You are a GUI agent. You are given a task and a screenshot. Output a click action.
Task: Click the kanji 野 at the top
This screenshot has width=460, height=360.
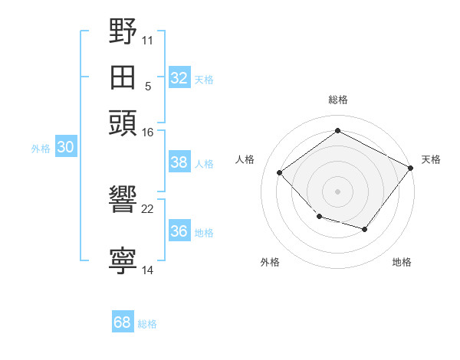click(123, 31)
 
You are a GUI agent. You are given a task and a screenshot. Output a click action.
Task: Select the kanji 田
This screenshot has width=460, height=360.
click(123, 77)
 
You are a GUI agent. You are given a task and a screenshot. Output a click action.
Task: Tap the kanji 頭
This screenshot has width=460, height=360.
click(123, 123)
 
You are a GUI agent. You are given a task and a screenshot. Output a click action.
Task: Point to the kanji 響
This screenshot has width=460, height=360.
click(123, 198)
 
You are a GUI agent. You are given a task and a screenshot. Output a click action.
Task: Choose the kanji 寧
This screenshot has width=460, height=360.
click(123, 260)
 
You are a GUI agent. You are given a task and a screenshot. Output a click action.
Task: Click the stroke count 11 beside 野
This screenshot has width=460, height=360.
click(147, 41)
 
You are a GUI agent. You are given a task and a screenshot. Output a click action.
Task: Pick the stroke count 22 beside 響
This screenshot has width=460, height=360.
click(147, 209)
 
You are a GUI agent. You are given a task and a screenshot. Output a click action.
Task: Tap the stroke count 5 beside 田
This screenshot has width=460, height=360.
click(148, 87)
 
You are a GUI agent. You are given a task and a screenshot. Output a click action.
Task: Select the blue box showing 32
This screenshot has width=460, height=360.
click(179, 77)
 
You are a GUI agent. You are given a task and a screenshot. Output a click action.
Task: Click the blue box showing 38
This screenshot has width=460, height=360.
click(179, 162)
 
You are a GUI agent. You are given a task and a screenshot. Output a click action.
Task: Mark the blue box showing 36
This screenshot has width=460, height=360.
click(179, 230)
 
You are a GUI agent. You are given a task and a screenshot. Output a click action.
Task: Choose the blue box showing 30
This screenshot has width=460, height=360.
click(66, 146)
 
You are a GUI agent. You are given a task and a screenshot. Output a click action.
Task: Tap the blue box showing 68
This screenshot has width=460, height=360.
click(123, 321)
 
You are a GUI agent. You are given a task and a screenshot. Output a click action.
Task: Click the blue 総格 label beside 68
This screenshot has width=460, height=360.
click(147, 324)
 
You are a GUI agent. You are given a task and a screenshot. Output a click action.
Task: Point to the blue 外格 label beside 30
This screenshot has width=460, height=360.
click(41, 149)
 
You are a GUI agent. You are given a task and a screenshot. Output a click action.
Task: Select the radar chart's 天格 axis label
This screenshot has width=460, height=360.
click(431, 159)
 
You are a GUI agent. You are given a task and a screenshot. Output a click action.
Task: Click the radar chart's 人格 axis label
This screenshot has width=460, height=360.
click(245, 159)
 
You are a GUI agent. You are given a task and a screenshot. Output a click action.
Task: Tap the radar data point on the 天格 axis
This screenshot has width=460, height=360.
click(410, 168)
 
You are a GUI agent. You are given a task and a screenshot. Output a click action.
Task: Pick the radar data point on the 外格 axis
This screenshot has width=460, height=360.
click(320, 217)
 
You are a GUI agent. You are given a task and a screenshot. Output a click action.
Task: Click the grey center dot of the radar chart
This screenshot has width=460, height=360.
click(337, 191)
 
